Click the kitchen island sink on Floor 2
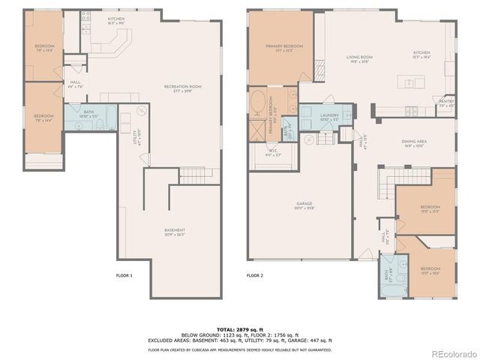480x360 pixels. (412, 112)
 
